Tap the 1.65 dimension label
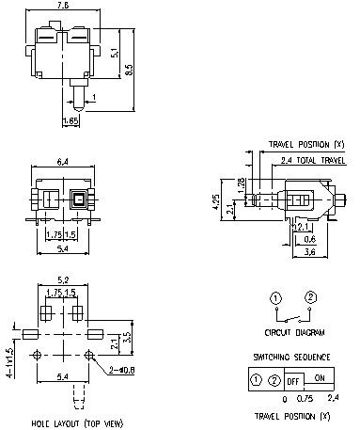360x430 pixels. click(x=70, y=120)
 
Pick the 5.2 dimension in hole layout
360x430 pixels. click(x=63, y=279)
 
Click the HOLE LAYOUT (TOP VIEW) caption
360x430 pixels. click(x=64, y=424)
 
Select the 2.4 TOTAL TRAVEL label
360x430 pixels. click(x=306, y=161)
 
